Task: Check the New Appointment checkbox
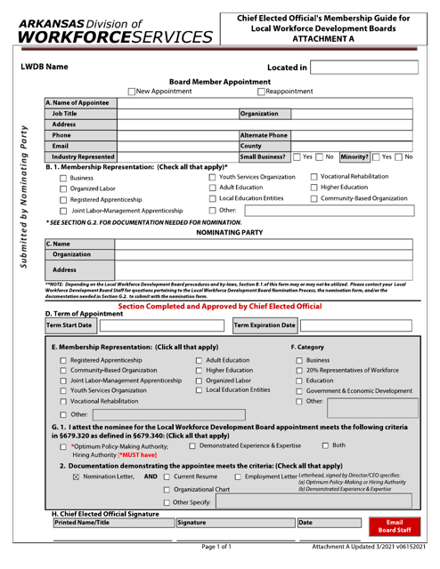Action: point(131,92)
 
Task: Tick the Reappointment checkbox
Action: point(260,92)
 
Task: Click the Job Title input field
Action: point(176,115)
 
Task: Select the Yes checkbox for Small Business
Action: point(297,156)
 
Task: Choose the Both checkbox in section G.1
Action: point(326,445)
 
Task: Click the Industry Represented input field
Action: point(176,156)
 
